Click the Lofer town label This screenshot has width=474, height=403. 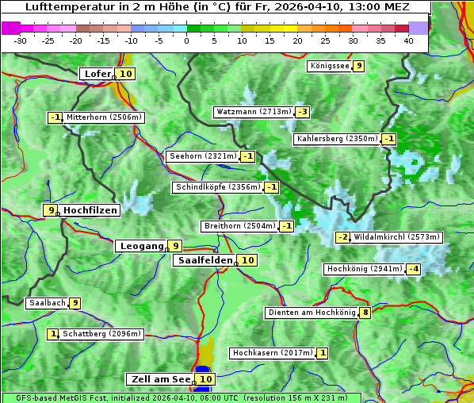tap(97, 74)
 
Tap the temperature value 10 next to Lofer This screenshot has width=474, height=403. tap(126, 74)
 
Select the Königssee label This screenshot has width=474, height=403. tap(330, 66)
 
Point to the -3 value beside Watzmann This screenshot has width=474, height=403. tap(303, 112)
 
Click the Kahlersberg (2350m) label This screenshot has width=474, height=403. tap(337, 139)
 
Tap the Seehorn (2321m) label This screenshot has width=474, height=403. tap(203, 156)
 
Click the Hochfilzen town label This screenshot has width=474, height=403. tap(90, 210)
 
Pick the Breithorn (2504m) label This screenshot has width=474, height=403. tap(239, 226)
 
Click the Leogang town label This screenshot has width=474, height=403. tap(141, 246)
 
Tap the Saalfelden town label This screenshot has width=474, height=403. tap(205, 260)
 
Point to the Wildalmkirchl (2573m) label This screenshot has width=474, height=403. tap(396, 237)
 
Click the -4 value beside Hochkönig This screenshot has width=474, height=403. tap(414, 269)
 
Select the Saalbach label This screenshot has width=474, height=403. tap(47, 303)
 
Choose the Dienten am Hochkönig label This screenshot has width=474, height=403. tap(311, 313)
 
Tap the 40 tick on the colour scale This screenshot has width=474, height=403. tap(408, 40)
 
